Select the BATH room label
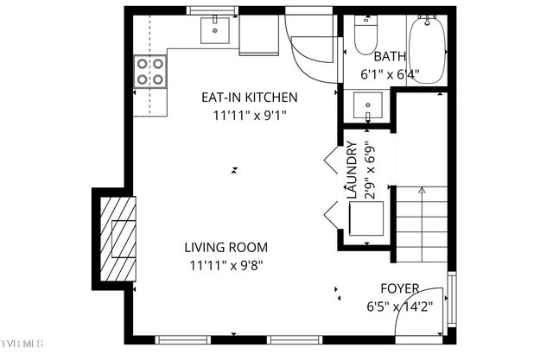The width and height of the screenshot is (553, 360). click(390, 57)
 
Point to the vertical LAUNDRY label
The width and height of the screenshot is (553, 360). click(352, 170)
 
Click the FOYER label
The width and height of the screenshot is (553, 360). click(400, 287)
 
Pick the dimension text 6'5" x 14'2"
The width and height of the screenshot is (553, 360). click(400, 306)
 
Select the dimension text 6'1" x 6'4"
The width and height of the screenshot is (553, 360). click(390, 74)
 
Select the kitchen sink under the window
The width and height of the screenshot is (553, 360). click(213, 31)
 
